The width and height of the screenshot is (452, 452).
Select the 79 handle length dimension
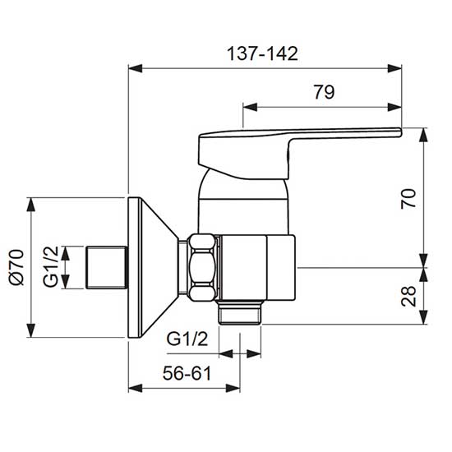pyautogui.click(x=324, y=92)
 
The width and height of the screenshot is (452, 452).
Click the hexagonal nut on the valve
pyautogui.click(x=202, y=268)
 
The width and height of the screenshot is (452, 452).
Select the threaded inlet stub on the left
pyautogui.click(x=107, y=267)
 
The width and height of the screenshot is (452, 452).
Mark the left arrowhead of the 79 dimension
pyautogui.click(x=247, y=104)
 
